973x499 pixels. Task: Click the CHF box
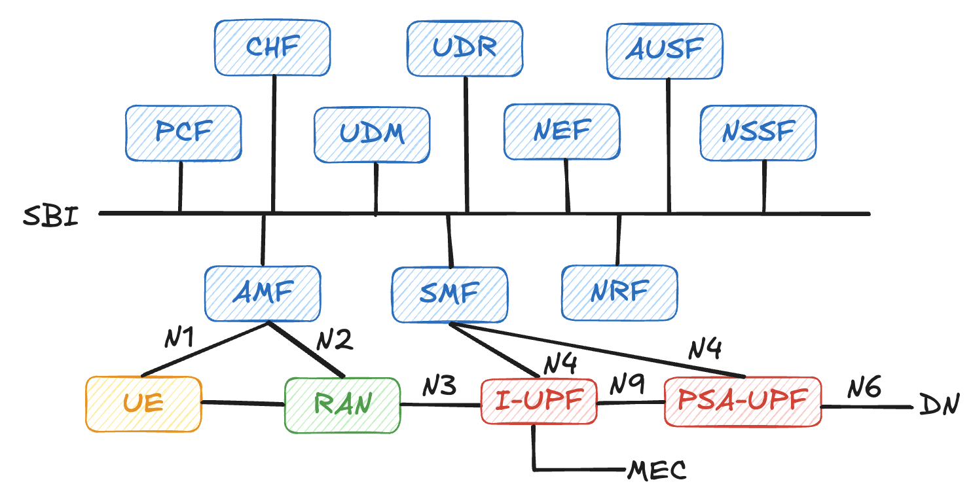pyautogui.click(x=272, y=47)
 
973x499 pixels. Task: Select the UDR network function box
pyautogui.click(x=464, y=48)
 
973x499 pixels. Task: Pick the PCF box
pyautogui.click(x=183, y=133)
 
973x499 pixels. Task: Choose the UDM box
pyautogui.click(x=372, y=135)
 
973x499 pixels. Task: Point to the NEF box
pyautogui.click(x=562, y=132)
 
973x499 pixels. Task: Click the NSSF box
pyautogui.click(x=758, y=133)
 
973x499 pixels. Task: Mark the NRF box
pyautogui.click(x=619, y=291)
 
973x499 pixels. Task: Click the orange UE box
pyautogui.click(x=143, y=404)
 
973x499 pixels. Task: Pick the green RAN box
pyautogui.click(x=342, y=405)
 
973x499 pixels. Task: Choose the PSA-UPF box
pyautogui.click(x=743, y=401)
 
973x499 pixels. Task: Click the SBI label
pyautogui.click(x=50, y=215)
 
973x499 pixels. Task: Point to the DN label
pyautogui.click(x=938, y=405)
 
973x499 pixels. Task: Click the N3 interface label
pyautogui.click(x=439, y=386)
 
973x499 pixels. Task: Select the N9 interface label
pyautogui.click(x=627, y=386)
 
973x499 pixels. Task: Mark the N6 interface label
pyautogui.click(x=865, y=389)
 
